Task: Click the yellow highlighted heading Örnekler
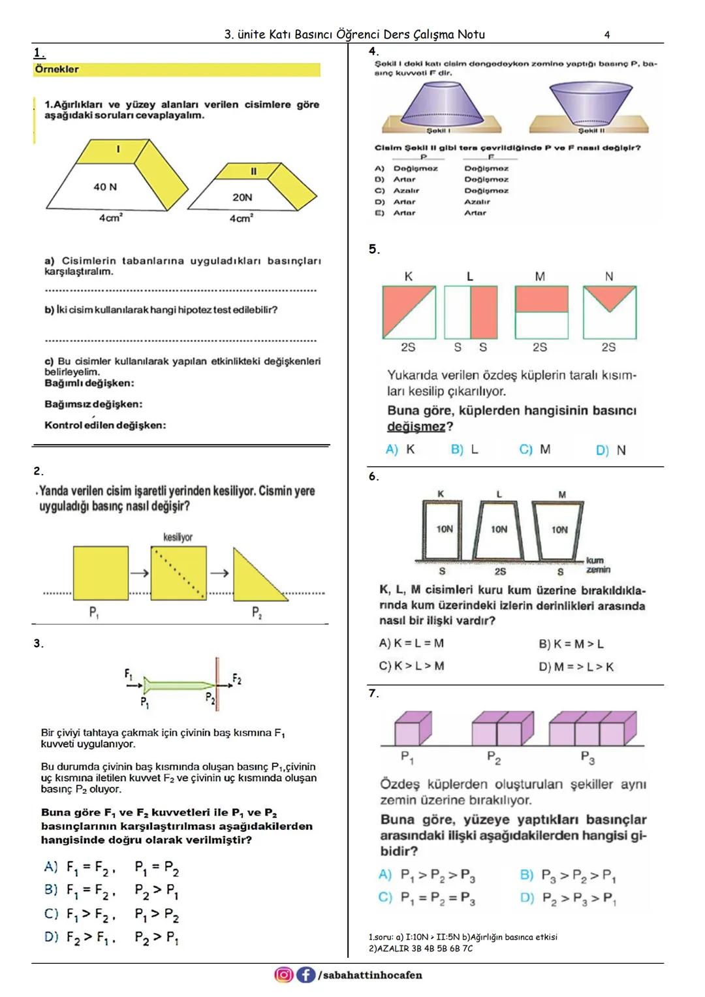tap(57, 69)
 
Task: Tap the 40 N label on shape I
tap(105, 187)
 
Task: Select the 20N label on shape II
tap(242, 197)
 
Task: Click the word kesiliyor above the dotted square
tap(178, 537)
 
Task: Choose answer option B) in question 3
tap(51, 889)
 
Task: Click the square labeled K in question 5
tap(409, 311)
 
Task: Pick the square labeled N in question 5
tap(609, 311)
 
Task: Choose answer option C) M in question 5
tap(535, 449)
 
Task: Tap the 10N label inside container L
tap(499, 529)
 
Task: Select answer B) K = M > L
tap(571, 644)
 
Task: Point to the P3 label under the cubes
tap(587, 758)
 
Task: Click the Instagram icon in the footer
tap(284, 975)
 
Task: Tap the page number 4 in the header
tap(607, 35)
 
